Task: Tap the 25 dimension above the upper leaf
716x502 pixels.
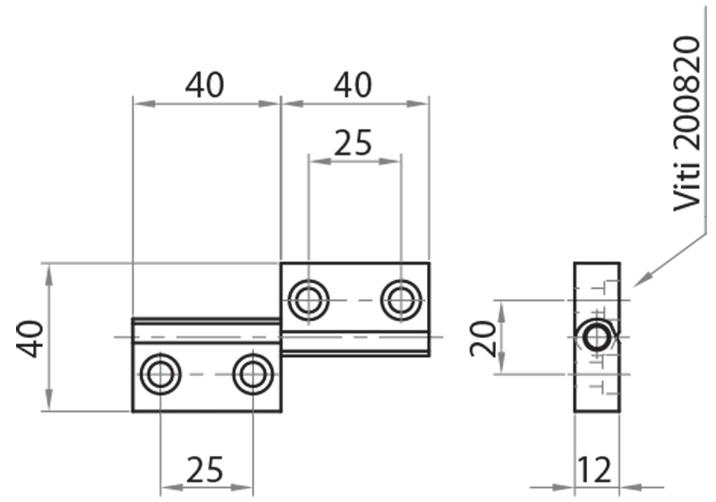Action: point(354,142)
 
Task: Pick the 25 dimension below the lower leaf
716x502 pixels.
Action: point(205,468)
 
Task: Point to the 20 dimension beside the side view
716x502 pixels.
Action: point(483,337)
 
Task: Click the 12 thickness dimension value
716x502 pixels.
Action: point(595,468)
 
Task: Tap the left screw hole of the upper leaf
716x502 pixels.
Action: point(309,300)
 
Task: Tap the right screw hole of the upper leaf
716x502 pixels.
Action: point(401,300)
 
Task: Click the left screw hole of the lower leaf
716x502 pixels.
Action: point(161,374)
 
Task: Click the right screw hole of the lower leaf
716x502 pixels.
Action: point(253,374)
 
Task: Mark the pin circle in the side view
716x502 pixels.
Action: point(596,337)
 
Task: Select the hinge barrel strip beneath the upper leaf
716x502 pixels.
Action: point(355,344)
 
